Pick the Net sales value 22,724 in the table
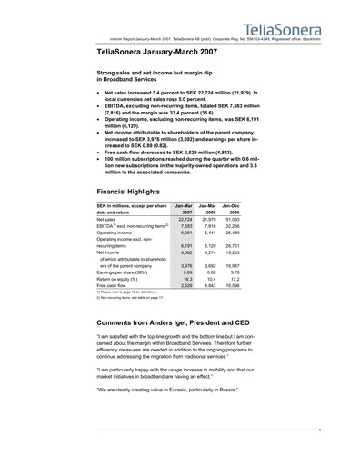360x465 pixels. tap(184, 219)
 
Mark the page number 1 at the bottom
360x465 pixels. tap(320, 442)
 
